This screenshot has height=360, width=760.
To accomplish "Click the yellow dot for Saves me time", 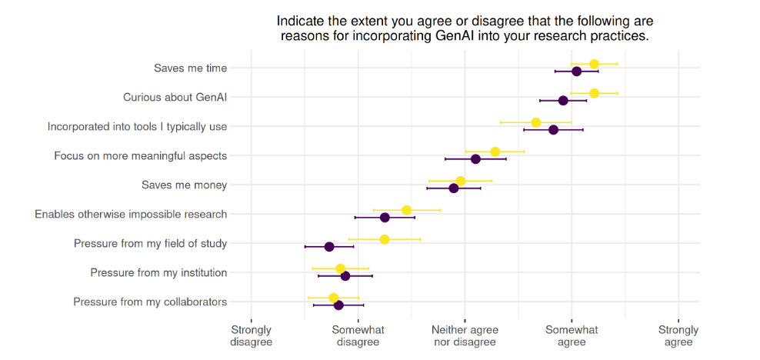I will pos(594,64).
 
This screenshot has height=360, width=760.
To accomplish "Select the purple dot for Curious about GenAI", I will pos(563,101).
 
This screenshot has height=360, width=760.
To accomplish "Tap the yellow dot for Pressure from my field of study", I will pos(385,239).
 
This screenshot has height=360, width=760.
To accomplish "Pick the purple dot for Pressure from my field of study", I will pos(329,247).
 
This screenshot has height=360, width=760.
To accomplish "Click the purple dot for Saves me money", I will pos(454,188).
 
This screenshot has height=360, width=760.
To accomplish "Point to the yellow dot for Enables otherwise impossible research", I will pos(407,210).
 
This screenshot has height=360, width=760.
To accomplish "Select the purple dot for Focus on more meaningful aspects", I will pos(475,159).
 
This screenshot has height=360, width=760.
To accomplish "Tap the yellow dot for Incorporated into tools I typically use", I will pos(536,122).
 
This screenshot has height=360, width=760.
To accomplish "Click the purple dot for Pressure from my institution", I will pos(345,276).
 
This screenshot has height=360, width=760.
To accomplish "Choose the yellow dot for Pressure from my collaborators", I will pos(333,298).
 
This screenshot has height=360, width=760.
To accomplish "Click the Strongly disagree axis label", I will pos(252,335).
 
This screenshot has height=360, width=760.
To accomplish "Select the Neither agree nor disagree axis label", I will pos(465,335).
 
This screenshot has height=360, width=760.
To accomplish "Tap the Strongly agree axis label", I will pos(678,335).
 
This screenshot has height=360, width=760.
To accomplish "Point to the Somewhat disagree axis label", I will pos(358,335).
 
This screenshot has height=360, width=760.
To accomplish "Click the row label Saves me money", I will pos(184,185).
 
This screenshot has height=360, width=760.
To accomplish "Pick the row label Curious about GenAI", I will pos(175,98).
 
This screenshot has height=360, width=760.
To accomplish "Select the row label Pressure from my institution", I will pos(158,273).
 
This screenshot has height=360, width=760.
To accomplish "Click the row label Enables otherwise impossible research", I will pos(131,215).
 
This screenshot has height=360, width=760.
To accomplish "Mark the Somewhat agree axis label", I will pos(572,335).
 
